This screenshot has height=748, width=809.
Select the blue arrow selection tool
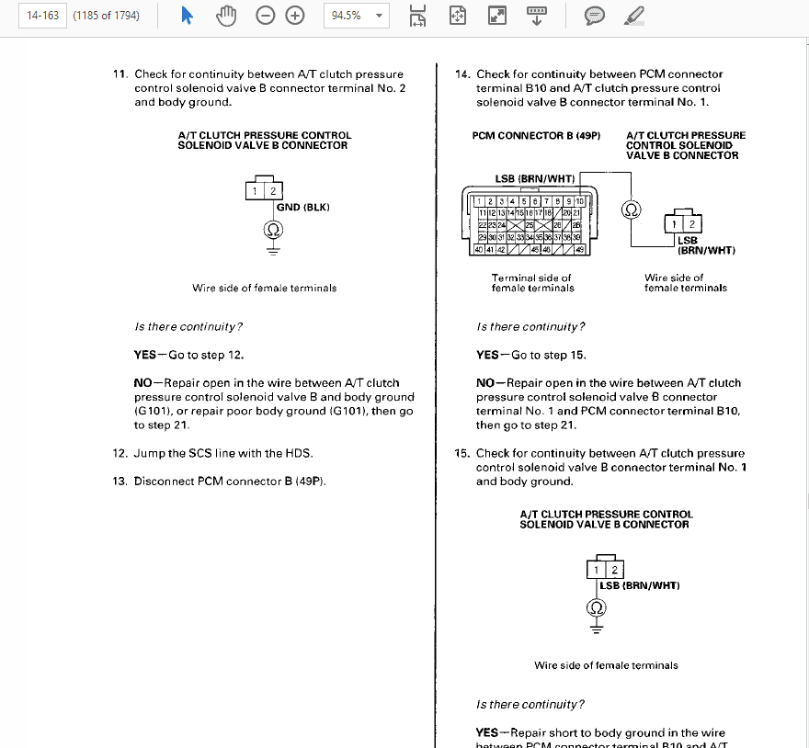[x=187, y=16]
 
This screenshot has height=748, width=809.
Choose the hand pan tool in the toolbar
[x=225, y=16]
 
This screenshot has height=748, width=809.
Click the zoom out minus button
[x=266, y=16]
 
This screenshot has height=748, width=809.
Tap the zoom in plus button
[x=295, y=16]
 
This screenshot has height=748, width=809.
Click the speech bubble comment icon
[x=595, y=16]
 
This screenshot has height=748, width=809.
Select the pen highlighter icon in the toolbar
[x=633, y=16]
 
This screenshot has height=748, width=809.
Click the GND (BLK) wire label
[x=302, y=207]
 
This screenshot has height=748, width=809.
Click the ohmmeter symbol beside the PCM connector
[x=631, y=210]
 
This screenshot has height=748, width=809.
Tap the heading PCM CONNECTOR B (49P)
[x=536, y=136]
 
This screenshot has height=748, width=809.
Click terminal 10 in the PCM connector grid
[x=580, y=201]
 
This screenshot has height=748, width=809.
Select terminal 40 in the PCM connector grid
[x=478, y=249]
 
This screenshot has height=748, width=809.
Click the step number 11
[x=119, y=74]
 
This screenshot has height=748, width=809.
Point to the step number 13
[x=119, y=482]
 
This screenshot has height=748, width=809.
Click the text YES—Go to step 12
[x=188, y=355]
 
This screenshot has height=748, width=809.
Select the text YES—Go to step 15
[x=530, y=355]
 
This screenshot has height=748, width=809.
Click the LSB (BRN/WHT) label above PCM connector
[x=534, y=178]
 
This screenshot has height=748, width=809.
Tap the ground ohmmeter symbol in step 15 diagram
[x=597, y=608]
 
